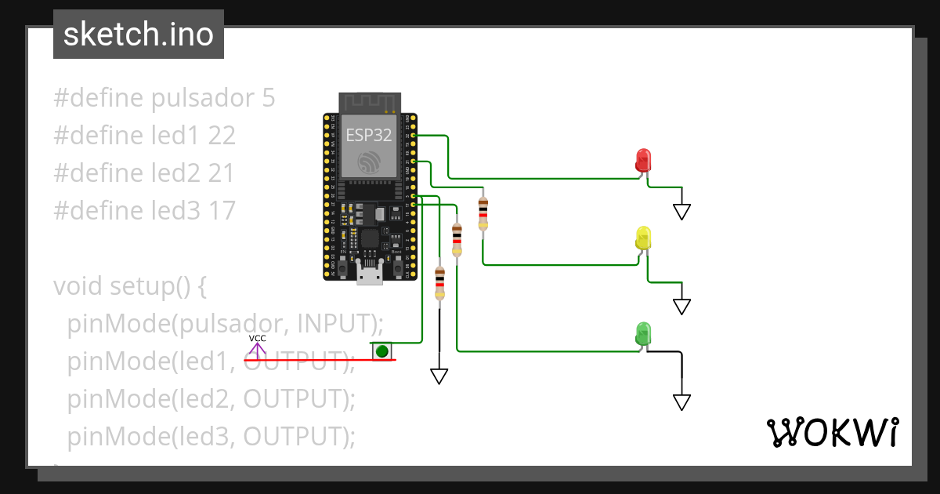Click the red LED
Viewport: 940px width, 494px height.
[643, 160]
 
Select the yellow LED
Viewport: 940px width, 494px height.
[643, 238]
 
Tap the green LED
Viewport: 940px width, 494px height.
[643, 333]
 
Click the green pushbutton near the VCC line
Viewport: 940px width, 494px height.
[381, 351]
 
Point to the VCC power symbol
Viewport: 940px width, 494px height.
[257, 345]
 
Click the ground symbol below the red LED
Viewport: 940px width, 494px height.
[681, 211]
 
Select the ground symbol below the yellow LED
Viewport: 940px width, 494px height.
[681, 306]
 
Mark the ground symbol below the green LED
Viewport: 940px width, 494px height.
[681, 401]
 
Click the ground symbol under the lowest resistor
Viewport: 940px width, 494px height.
[439, 376]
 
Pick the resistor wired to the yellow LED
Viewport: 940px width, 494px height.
[483, 212]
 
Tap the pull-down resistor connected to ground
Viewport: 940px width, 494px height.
[439, 282]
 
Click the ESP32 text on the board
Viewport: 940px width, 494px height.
[369, 134]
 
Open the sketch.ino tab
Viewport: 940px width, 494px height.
[139, 35]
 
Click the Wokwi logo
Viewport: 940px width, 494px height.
[832, 432]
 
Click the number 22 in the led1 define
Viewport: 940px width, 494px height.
[222, 136]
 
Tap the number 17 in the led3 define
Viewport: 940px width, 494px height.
[222, 210]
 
